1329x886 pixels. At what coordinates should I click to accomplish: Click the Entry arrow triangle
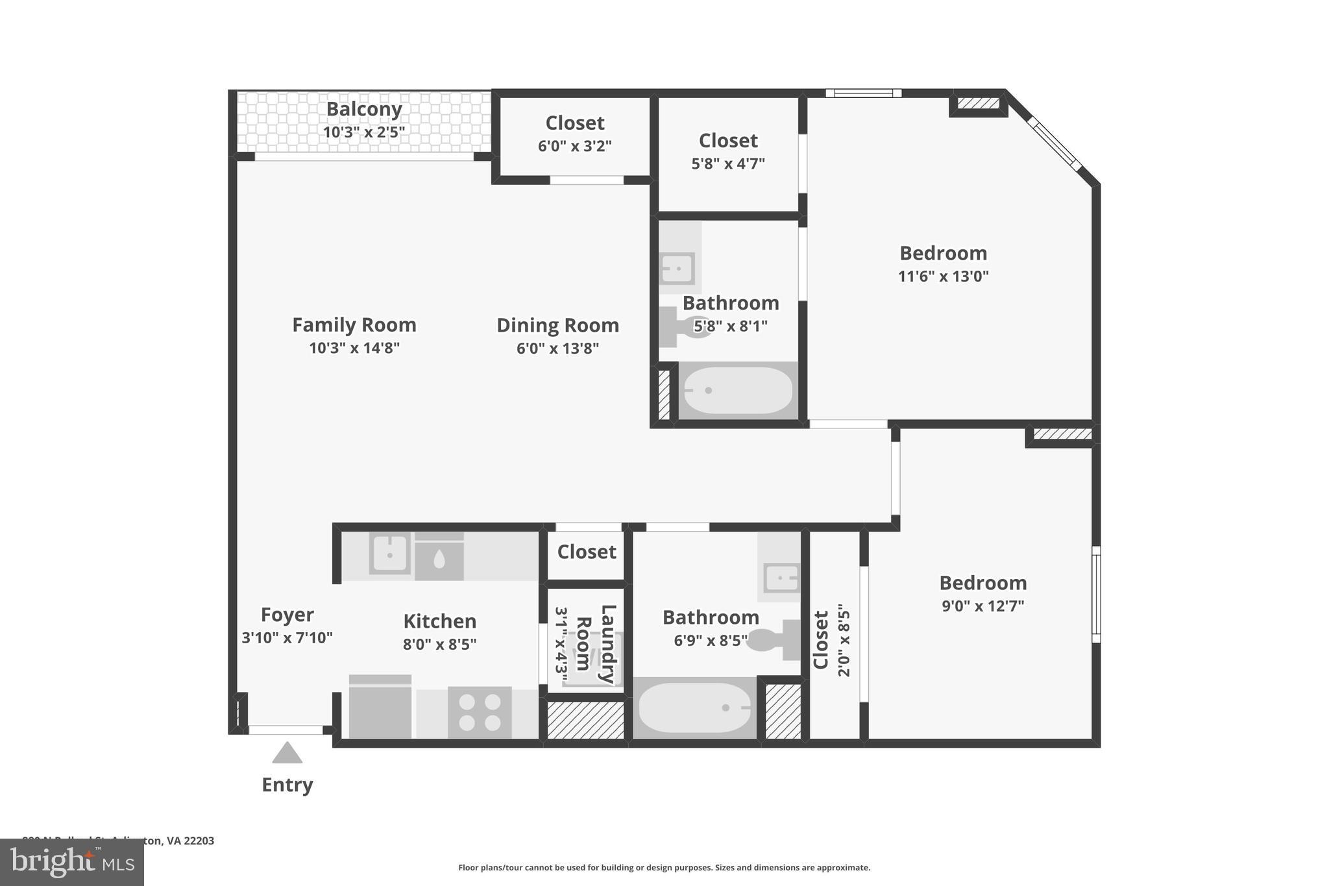(x=287, y=753)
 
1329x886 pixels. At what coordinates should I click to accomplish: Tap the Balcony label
(x=364, y=109)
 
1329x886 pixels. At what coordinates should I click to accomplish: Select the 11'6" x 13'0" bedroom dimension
(x=943, y=277)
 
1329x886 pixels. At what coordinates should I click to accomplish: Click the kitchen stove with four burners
(x=480, y=712)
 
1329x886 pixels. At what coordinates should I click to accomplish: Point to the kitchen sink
(x=389, y=554)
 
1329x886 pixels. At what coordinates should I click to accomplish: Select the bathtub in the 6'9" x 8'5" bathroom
(x=694, y=708)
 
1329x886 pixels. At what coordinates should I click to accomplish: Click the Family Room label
(x=354, y=325)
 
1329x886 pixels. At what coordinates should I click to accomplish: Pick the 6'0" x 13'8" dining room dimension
(x=557, y=349)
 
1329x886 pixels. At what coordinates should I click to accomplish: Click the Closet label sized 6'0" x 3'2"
(x=575, y=123)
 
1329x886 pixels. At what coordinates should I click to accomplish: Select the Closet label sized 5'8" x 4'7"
(x=728, y=141)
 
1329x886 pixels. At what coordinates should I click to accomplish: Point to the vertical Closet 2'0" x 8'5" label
(x=822, y=640)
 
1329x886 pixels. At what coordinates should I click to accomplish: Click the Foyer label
(x=287, y=614)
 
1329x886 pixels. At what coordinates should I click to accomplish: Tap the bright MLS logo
(x=72, y=862)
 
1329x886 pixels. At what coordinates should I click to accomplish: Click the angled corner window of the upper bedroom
(x=1055, y=144)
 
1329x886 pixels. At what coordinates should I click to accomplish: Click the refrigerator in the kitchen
(x=380, y=707)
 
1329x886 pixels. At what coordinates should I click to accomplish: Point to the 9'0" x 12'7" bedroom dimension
(x=982, y=606)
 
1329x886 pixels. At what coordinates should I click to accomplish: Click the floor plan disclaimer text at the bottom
(x=664, y=868)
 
